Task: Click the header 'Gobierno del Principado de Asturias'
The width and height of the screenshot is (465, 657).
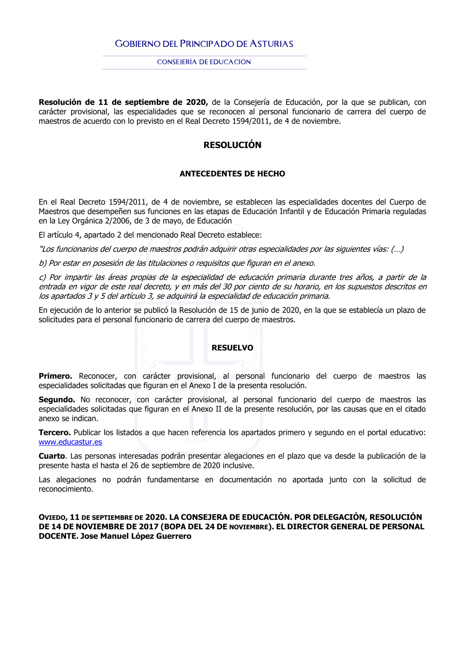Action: pyautogui.click(x=204, y=44)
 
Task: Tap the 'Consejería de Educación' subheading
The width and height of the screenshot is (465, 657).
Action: pyautogui.click(x=204, y=62)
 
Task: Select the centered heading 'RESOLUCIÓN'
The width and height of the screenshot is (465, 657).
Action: pyautogui.click(x=232, y=145)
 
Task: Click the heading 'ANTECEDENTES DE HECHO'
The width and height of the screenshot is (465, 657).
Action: pyautogui.click(x=232, y=174)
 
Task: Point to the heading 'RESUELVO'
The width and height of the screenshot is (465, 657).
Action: pyautogui.click(x=232, y=348)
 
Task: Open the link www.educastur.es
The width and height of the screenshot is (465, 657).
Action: pyautogui.click(x=70, y=442)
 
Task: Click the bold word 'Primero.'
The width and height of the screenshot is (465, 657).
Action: pyautogui.click(x=55, y=376)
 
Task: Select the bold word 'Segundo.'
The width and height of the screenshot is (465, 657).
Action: pyautogui.click(x=57, y=400)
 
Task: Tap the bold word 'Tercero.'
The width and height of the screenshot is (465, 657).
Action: pyautogui.click(x=54, y=433)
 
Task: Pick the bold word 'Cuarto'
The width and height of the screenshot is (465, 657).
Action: pyautogui.click(x=52, y=456)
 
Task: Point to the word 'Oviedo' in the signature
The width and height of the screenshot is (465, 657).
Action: pyautogui.click(x=53, y=518)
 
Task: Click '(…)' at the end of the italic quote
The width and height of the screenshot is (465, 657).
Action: pyautogui.click(x=397, y=250)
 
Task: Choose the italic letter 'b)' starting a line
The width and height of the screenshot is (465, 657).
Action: pyautogui.click(x=43, y=263)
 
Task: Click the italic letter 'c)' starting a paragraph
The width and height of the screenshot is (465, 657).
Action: pyautogui.click(x=43, y=277)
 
